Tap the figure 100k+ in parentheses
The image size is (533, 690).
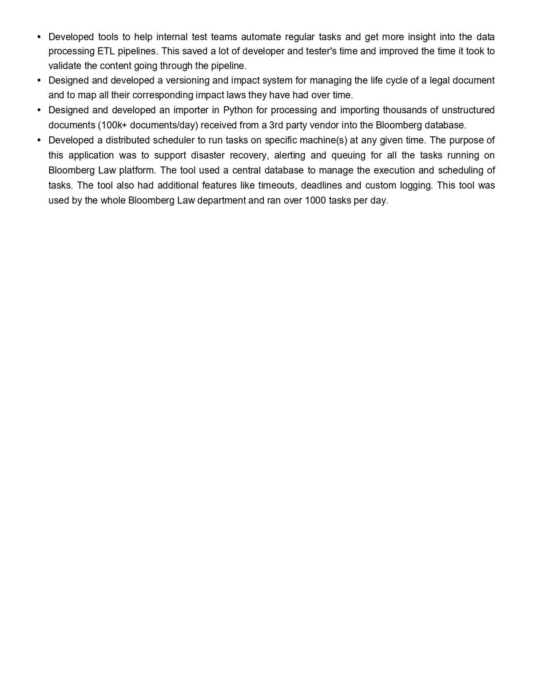(114, 125)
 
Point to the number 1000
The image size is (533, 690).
(315, 200)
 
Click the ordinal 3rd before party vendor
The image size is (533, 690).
(276, 125)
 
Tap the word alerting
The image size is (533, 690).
(290, 156)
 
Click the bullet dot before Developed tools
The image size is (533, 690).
(39, 36)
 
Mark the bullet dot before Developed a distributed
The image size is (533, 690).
(39, 140)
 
